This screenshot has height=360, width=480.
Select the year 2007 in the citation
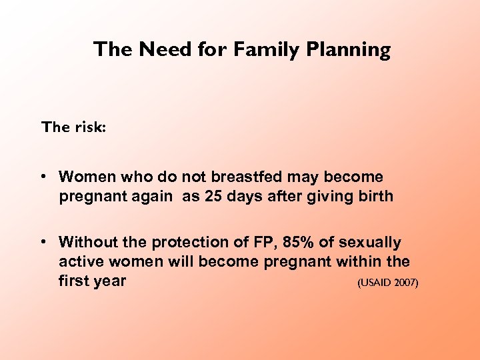tap(405, 283)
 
